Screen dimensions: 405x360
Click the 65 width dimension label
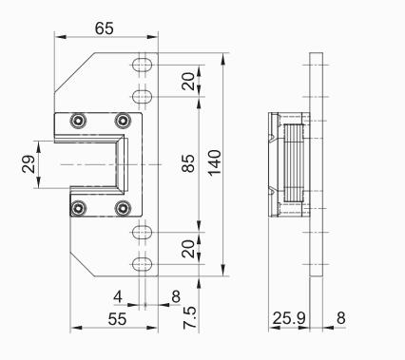pos(104,28)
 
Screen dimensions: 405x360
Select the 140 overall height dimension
pos(215,162)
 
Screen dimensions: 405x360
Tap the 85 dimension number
pos(189,163)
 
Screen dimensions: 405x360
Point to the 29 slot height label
pos(29,163)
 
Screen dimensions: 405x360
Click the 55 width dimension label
pos(117,319)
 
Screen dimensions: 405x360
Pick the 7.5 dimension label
pos(190,317)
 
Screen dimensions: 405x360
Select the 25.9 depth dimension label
pos(289,318)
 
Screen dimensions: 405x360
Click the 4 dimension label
pos(118,297)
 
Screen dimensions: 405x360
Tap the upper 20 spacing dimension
pos(188,82)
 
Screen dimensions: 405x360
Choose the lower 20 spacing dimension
pos(188,249)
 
